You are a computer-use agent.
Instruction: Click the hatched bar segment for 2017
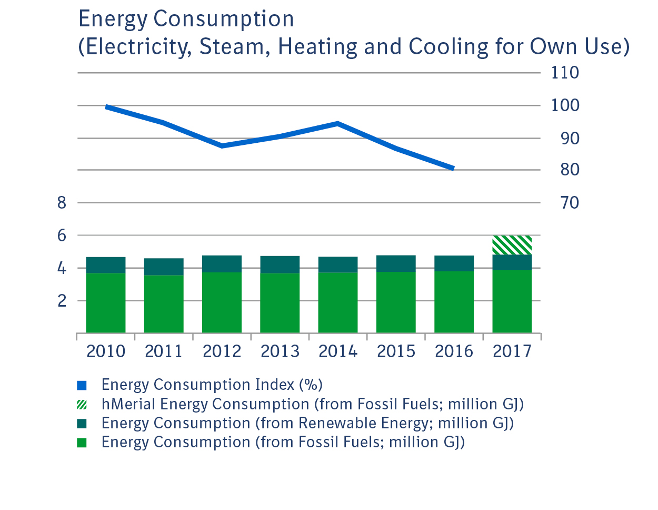[512, 245]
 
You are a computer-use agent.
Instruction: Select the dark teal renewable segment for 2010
[106, 265]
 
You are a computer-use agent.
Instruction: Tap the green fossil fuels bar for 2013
[280, 303]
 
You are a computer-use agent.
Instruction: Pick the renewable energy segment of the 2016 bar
[454, 263]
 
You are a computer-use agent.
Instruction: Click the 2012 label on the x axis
[222, 351]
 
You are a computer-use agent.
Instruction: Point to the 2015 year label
[396, 351]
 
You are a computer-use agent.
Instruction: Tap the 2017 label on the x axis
[512, 351]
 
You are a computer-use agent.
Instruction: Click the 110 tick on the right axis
[565, 73]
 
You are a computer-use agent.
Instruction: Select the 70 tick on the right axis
[569, 203]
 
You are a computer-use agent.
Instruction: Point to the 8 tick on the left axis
[62, 203]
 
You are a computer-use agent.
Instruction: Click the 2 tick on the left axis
[62, 301]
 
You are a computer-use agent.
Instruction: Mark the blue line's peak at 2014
[337, 124]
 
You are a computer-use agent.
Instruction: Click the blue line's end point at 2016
[452, 168]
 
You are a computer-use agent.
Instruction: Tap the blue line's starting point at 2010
[107, 107]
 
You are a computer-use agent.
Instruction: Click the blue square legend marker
[82, 385]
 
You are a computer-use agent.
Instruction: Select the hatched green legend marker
[82, 405]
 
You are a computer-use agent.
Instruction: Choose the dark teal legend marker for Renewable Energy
[82, 424]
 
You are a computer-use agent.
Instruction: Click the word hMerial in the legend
[128, 404]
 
